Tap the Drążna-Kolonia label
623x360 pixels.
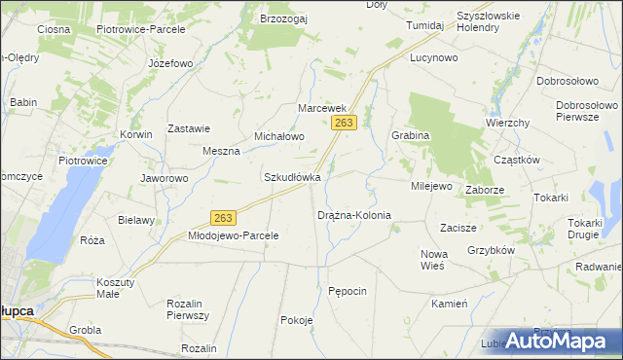coord(354,214)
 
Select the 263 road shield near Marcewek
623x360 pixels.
coord(346,123)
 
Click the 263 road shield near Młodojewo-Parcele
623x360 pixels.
coord(223,218)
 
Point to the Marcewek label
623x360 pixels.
coord(322,107)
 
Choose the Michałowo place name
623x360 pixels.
coord(279,137)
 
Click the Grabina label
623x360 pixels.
coord(410,135)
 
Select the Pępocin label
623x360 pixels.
coord(348,291)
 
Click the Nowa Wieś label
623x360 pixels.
coord(432,260)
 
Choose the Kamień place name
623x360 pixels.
coord(450,304)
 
